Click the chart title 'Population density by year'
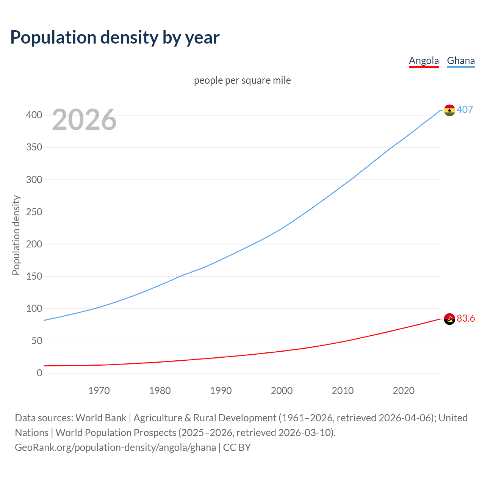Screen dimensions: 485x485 115,38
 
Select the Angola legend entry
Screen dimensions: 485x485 424,61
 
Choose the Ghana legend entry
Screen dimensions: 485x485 461,61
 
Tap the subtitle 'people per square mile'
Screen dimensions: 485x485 242,80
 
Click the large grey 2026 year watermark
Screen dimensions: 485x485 84,120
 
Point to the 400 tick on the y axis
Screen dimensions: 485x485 34,115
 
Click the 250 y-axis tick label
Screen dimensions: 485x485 34,212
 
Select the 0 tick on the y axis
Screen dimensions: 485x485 39,373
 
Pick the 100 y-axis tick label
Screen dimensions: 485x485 34,309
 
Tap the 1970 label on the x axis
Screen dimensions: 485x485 99,391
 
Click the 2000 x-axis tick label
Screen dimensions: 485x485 282,391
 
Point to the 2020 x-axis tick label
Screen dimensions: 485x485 404,391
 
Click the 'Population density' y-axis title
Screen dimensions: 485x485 16,235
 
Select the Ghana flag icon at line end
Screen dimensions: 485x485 449,110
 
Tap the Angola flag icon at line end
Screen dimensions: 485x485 449,319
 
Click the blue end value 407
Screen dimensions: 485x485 465,110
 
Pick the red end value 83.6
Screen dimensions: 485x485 466,318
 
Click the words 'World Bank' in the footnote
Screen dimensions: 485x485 101,418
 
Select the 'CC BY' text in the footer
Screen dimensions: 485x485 237,447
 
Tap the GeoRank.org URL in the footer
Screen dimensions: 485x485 115,447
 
